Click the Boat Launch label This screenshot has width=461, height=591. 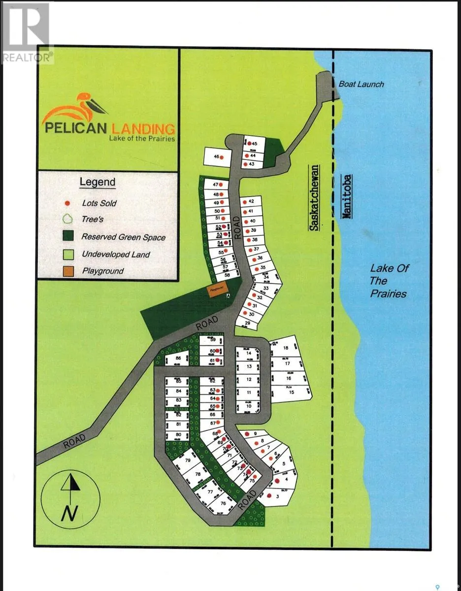(361, 84)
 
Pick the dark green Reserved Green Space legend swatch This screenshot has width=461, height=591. (69, 236)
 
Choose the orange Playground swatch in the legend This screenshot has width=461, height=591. (69, 270)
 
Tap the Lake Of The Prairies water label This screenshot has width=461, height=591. (389, 281)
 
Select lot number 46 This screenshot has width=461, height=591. (216, 157)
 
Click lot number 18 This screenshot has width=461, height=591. (286, 348)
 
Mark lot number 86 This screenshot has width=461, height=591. (178, 358)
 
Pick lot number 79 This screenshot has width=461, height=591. (187, 460)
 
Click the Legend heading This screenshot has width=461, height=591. (98, 182)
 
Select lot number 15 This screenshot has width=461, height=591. (291, 393)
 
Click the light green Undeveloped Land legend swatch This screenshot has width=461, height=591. (69, 254)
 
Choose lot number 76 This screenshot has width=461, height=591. (223, 503)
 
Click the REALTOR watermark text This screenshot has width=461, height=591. (28, 57)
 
